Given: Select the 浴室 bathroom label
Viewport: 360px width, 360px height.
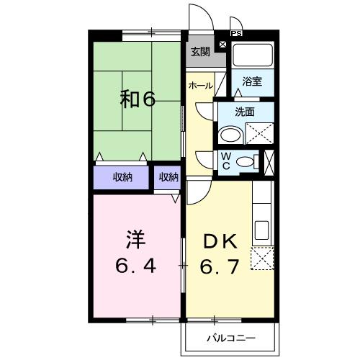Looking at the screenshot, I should point(251,81).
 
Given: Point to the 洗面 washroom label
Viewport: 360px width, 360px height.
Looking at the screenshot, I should point(245,112).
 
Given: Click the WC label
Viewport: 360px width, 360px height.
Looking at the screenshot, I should point(225,161).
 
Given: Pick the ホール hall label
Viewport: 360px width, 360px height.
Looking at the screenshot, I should point(200,86).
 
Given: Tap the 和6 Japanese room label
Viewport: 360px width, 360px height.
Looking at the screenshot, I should point(137,99).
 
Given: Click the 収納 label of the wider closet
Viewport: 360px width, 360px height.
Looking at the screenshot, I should point(122,177).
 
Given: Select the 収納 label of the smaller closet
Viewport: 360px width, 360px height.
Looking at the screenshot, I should point(168,177).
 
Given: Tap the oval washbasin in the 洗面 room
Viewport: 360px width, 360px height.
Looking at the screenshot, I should point(232,134).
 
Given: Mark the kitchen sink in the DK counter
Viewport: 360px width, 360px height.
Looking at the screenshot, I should point(261,231).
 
